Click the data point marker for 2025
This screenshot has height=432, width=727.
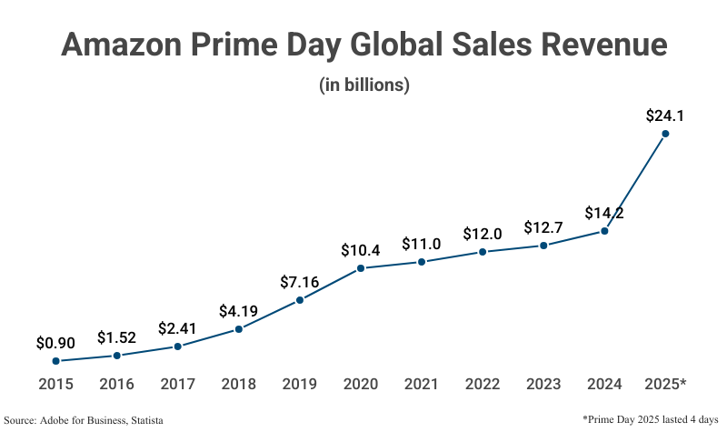(665, 134)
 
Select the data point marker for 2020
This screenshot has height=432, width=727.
(361, 268)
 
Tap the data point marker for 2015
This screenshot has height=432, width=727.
(56, 361)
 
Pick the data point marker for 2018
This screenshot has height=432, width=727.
(239, 329)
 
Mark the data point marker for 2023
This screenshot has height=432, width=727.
(543, 246)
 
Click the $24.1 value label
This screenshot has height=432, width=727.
(664, 116)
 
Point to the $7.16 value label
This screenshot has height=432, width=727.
(300, 282)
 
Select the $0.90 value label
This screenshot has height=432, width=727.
(55, 343)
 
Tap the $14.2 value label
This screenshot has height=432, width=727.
(603, 214)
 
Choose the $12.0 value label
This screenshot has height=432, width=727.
(483, 234)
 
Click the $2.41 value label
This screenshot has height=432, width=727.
(177, 328)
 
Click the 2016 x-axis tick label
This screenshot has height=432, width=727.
(116, 385)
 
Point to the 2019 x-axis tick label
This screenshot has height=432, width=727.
(300, 385)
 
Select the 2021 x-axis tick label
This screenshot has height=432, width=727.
(422, 385)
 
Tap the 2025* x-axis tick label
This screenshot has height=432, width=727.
(664, 385)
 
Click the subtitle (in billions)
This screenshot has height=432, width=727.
(363, 85)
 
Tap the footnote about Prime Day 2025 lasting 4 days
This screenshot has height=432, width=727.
(652, 418)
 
